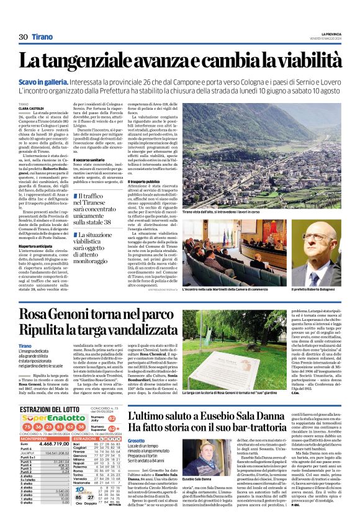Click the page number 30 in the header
(x=23, y=37)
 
